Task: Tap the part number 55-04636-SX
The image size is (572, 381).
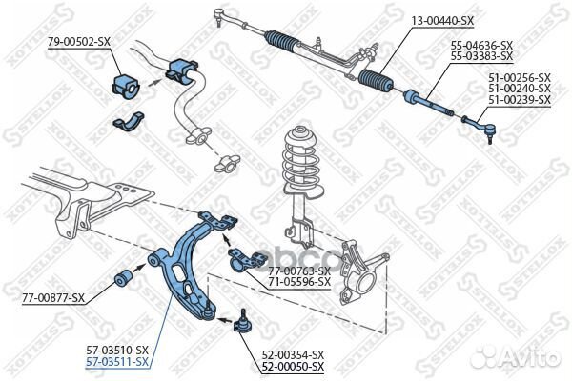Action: pyautogui.click(x=481, y=46)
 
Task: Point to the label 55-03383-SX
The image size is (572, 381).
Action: pyautogui.click(x=481, y=56)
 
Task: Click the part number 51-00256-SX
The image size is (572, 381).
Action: pyautogui.click(x=519, y=77)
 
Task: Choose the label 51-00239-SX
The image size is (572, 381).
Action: pyautogui.click(x=519, y=99)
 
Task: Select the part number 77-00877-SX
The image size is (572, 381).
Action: pyautogui.click(x=53, y=298)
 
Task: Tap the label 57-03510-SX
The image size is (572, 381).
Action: pyautogui.click(x=118, y=351)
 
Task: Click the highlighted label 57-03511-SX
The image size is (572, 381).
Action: pyautogui.click(x=118, y=362)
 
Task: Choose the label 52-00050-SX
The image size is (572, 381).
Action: pyautogui.click(x=293, y=367)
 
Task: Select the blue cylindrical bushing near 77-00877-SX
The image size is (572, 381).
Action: pyautogui.click(x=123, y=277)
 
